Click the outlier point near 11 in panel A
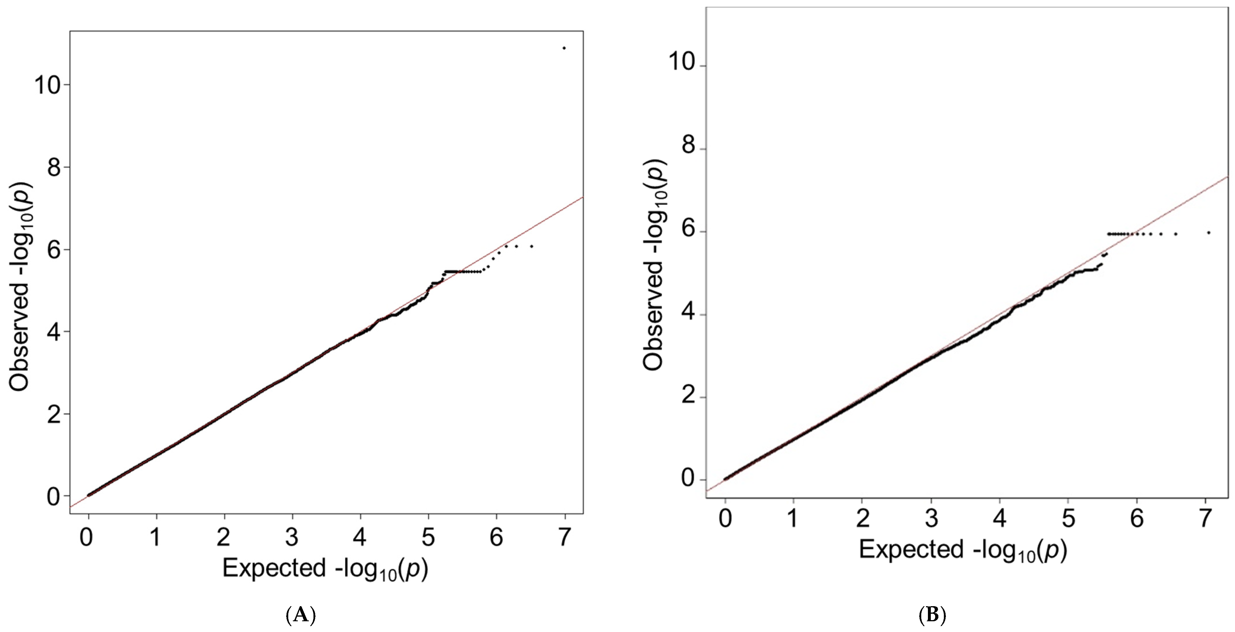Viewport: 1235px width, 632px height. point(564,48)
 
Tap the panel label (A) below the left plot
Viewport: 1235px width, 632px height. point(301,615)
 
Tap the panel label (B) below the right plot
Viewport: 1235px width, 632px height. point(932,615)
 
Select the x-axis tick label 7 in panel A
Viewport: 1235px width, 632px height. point(565,537)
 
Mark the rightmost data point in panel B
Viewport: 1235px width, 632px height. point(1209,233)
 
